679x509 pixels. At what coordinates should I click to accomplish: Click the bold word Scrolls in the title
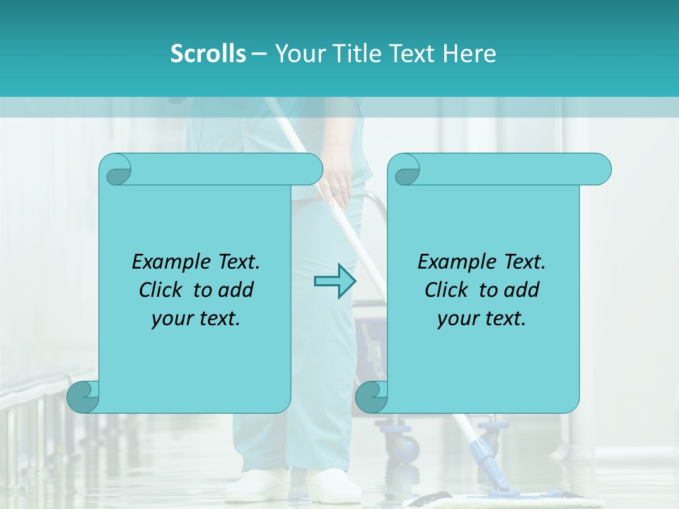tap(209, 54)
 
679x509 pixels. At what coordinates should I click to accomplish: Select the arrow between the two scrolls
tap(335, 281)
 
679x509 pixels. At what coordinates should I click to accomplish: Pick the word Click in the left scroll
tap(163, 290)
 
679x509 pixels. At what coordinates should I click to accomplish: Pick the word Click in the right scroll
tap(449, 290)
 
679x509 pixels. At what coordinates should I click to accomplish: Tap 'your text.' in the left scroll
tap(196, 318)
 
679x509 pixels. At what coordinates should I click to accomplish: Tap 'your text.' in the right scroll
tap(482, 318)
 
